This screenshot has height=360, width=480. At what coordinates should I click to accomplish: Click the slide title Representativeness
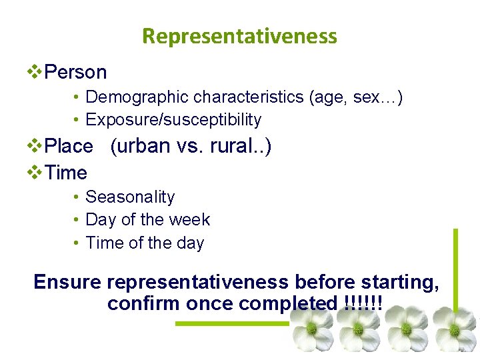pos(239,35)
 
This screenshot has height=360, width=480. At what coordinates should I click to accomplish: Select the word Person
pos(75,72)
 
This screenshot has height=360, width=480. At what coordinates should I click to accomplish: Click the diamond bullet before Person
pos(35,72)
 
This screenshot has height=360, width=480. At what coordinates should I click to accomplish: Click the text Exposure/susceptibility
pos(173,120)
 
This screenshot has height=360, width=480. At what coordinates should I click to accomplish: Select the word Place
pos(68,146)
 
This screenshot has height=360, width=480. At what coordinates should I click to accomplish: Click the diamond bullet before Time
pos(35,173)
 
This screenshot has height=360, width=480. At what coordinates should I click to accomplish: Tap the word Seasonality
pos(130,197)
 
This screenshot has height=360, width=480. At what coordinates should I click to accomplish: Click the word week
pos(191,220)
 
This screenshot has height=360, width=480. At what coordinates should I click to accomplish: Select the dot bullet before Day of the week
pos(77,220)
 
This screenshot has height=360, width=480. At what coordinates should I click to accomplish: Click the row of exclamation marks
pos(364,304)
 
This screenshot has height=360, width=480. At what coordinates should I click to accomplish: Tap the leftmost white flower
pos(311,329)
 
